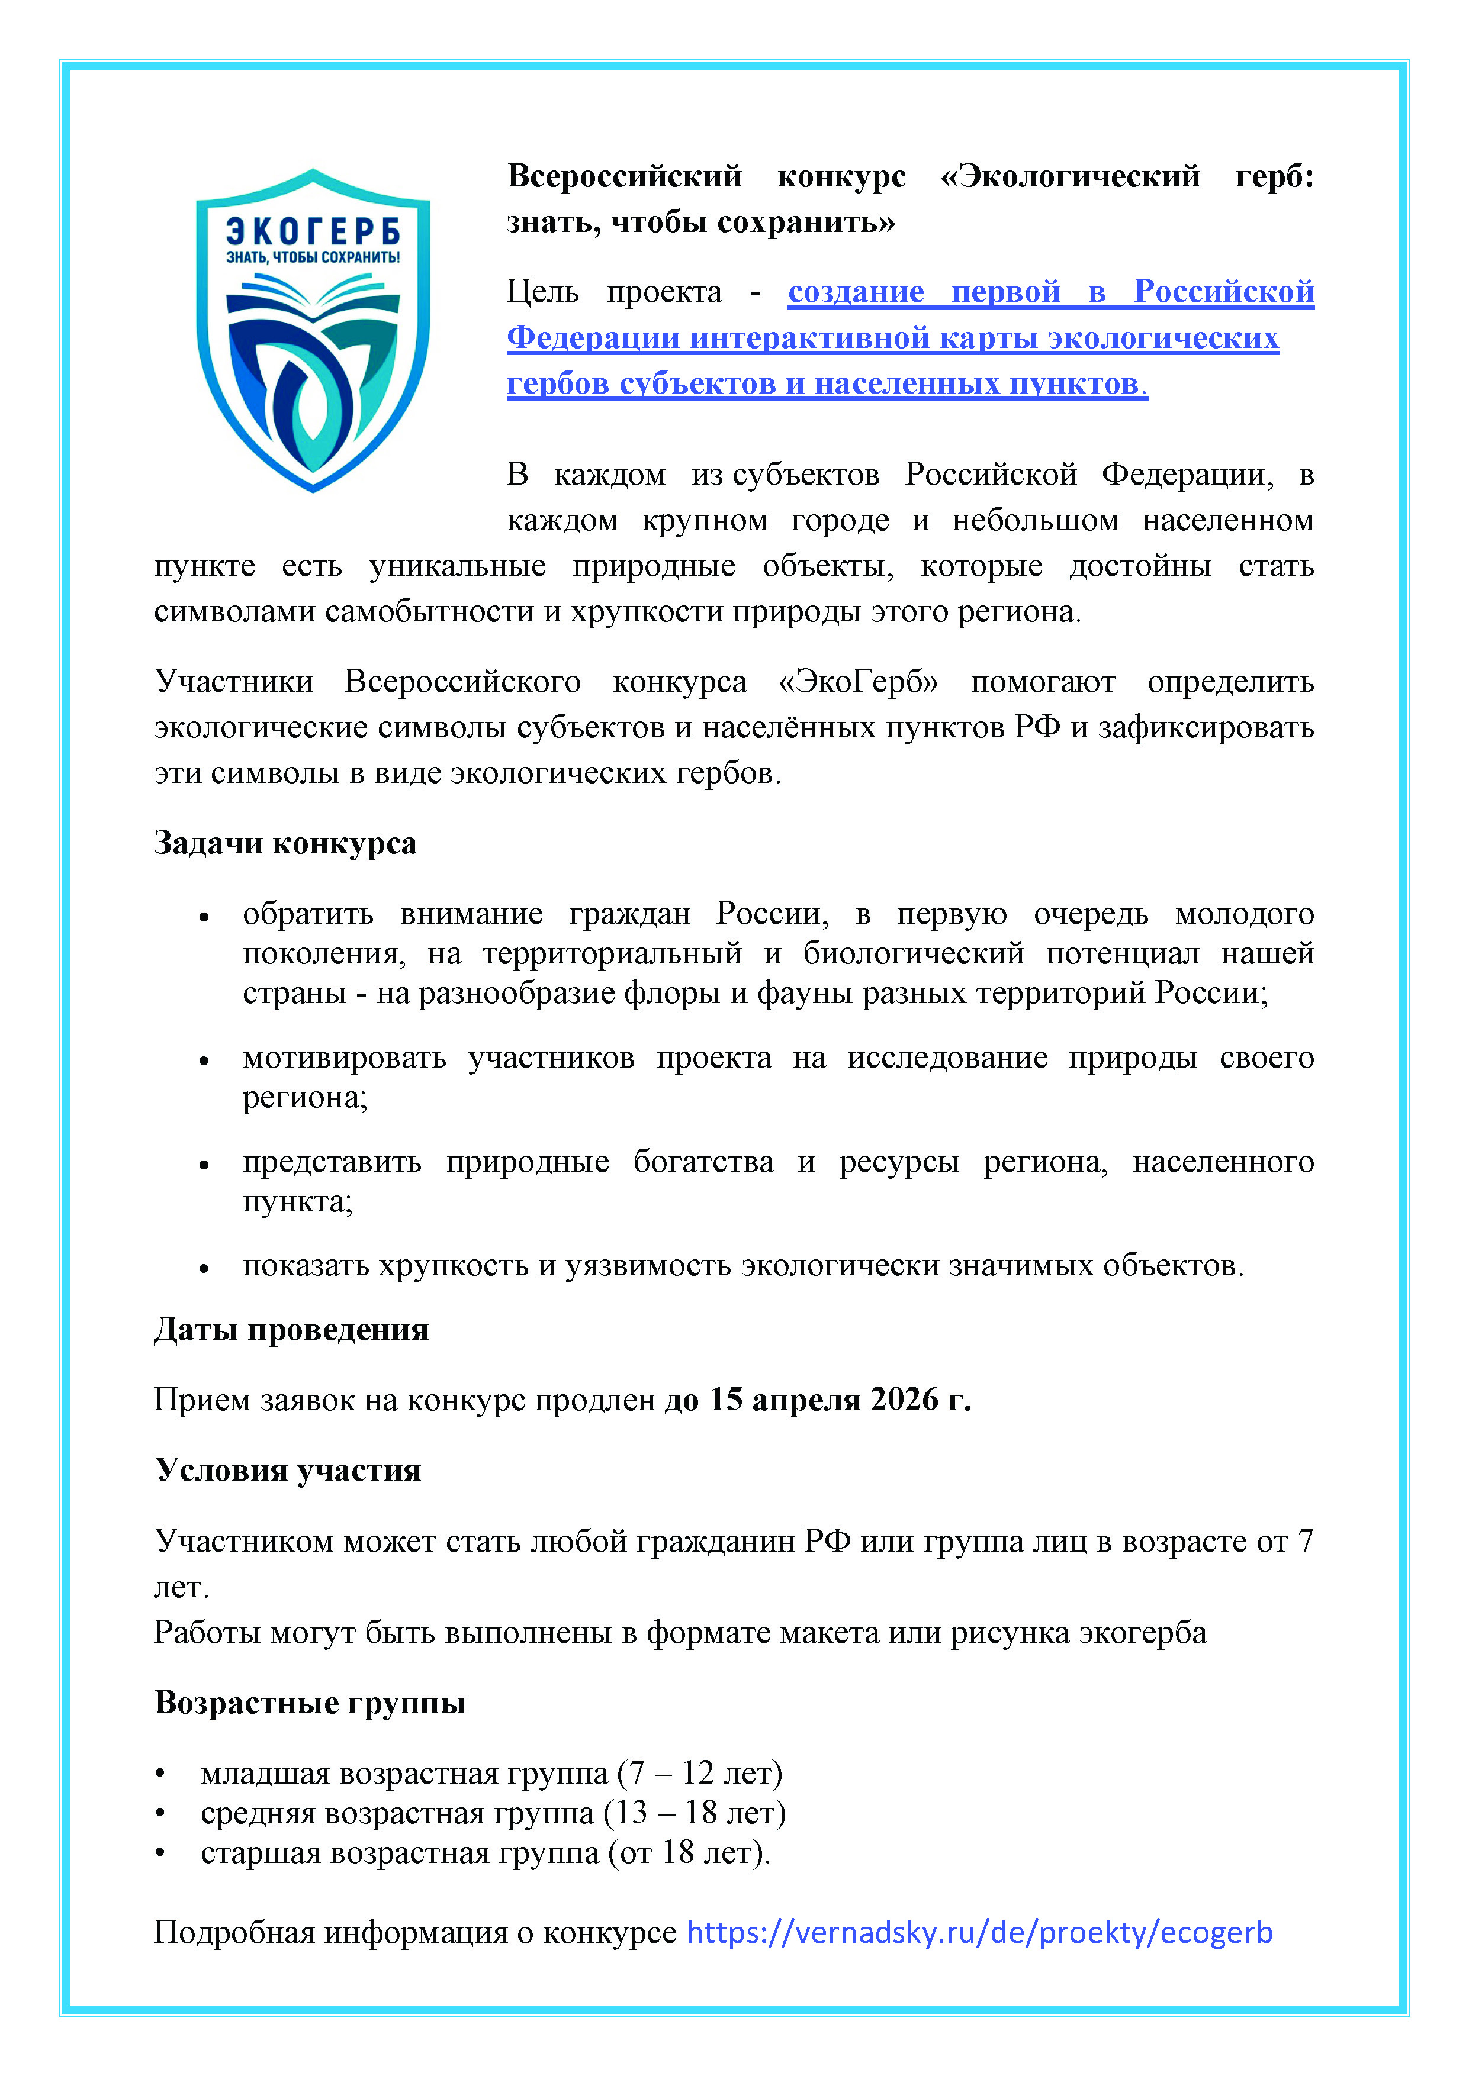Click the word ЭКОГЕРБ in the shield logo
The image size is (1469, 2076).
click(x=313, y=231)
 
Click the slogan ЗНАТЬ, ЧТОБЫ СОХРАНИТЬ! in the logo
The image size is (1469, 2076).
click(x=313, y=257)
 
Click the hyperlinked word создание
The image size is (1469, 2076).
click(x=856, y=292)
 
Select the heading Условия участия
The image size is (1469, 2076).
click(x=288, y=1469)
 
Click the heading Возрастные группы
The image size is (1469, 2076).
click(x=309, y=1703)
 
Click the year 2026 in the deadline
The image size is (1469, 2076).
click(x=905, y=1399)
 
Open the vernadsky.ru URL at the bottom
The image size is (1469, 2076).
click(x=980, y=1932)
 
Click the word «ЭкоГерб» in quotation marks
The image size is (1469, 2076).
click(x=859, y=682)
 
